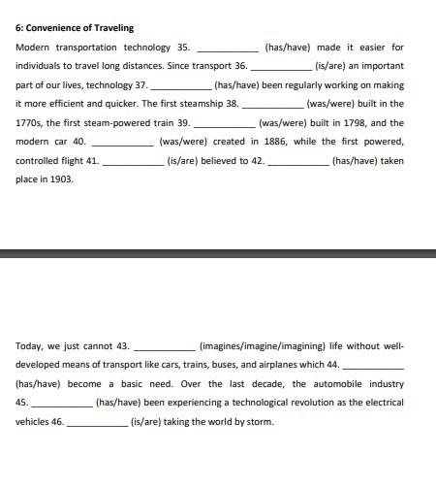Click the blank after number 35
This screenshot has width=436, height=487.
tap(228, 48)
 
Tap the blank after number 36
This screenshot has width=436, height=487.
tap(282, 66)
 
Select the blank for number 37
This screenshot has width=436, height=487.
tap(180, 85)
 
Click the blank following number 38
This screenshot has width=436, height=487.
tap(272, 104)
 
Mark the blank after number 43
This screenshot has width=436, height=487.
tap(164, 346)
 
